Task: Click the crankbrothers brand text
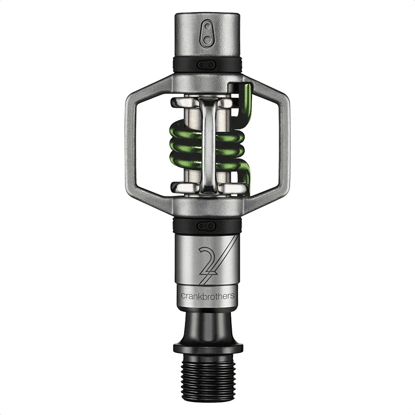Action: tap(207, 296)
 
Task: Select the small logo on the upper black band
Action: tap(207, 64)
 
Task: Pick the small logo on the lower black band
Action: tap(207, 226)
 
